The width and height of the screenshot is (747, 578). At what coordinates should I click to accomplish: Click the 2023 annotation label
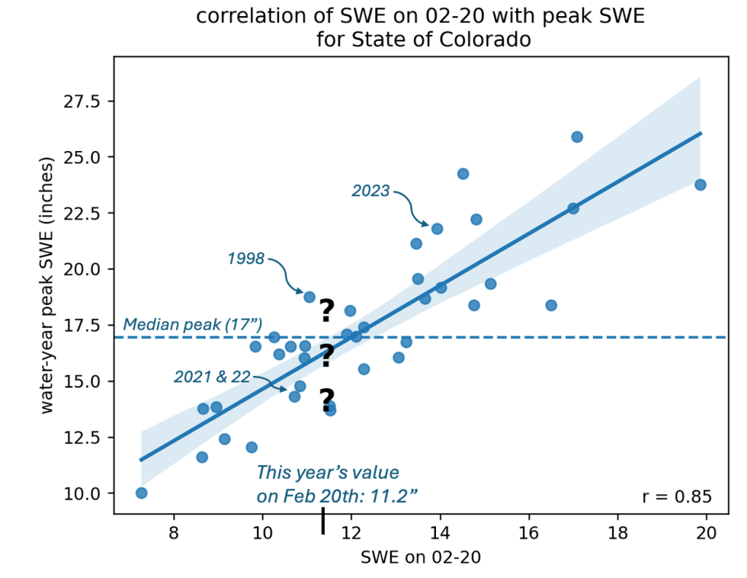click(x=371, y=191)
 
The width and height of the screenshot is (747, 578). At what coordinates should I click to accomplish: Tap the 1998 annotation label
click(x=245, y=258)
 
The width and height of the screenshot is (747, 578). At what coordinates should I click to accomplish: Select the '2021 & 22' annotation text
click(x=212, y=377)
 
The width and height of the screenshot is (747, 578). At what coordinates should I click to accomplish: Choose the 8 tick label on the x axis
click(x=174, y=533)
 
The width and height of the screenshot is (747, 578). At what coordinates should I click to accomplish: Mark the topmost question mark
click(x=326, y=311)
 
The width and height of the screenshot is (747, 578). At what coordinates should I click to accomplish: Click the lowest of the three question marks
click(x=326, y=400)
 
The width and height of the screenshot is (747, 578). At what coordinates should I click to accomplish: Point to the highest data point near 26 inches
click(x=577, y=136)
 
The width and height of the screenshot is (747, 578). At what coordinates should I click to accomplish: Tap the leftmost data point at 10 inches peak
click(x=142, y=493)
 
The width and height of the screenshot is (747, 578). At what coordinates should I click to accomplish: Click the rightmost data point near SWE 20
click(x=700, y=185)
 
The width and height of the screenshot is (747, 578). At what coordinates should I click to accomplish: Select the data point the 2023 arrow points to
click(x=437, y=228)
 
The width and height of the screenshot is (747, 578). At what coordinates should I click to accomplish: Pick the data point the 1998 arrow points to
click(x=310, y=297)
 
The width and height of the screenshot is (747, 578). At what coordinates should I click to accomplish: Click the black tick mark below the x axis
click(x=323, y=522)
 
